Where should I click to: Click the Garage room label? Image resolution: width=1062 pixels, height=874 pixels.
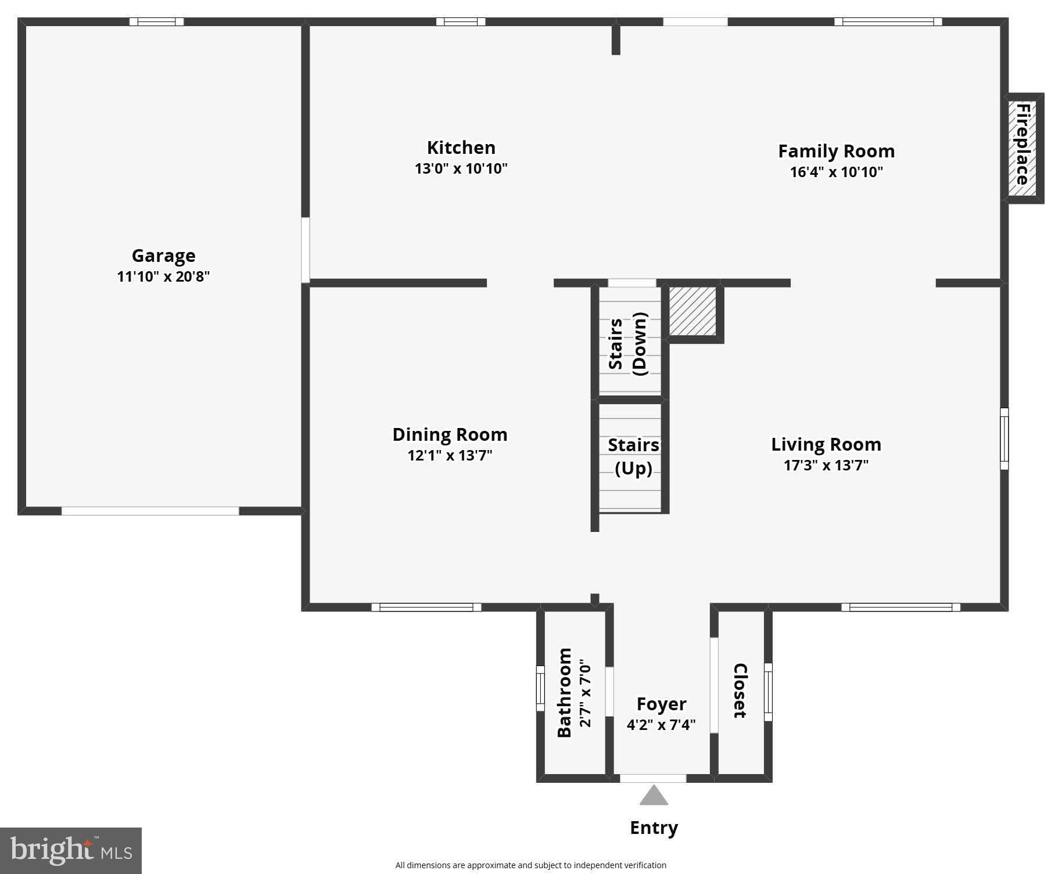click(163, 256)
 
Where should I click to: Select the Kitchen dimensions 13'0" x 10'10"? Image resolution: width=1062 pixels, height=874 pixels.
click(461, 169)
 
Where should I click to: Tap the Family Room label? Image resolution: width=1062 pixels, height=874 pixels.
click(836, 151)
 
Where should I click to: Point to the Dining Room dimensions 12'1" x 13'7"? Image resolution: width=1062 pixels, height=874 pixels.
click(450, 455)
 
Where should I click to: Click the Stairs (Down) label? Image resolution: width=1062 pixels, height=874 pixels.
click(628, 344)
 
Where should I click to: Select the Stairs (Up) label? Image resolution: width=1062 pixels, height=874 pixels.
click(633, 456)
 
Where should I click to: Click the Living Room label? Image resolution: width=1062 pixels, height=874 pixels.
click(826, 444)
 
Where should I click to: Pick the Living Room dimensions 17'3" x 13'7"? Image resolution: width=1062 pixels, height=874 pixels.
click(826, 465)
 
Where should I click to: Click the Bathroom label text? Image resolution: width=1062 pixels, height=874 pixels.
click(565, 692)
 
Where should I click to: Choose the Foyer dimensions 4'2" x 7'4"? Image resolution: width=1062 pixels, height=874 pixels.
click(661, 725)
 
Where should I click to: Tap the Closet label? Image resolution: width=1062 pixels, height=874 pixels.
click(740, 690)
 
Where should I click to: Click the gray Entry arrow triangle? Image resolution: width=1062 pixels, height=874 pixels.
click(654, 796)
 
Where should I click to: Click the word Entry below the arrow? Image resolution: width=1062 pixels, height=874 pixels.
click(654, 828)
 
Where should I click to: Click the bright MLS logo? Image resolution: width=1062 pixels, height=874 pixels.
click(71, 850)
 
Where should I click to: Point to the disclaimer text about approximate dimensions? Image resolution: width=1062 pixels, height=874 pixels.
click(530, 865)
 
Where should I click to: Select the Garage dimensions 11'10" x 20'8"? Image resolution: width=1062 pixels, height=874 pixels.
click(163, 276)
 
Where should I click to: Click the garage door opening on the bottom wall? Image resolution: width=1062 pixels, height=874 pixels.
click(150, 511)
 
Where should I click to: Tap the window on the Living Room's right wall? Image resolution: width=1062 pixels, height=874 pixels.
click(1004, 438)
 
